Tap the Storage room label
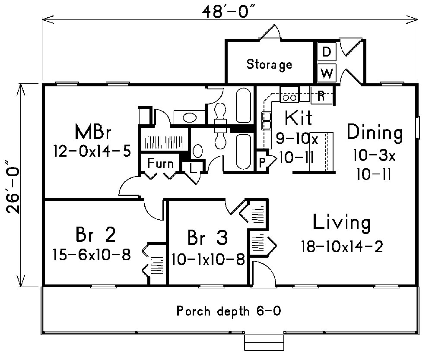click(269, 65)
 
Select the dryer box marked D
click(327, 52)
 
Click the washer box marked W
click(327, 73)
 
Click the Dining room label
click(375, 132)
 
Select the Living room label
click(341, 223)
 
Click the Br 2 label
click(95, 235)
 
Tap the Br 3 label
click(208, 237)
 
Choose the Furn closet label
click(160, 164)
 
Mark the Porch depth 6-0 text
click(229, 311)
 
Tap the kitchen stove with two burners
click(288, 98)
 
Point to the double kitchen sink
click(266, 120)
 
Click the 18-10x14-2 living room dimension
click(342, 246)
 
